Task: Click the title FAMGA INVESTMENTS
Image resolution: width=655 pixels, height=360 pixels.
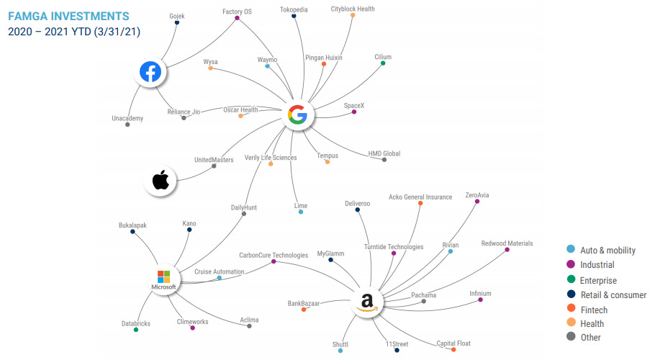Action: tap(69, 15)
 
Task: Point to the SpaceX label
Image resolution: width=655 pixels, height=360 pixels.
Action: tap(353, 105)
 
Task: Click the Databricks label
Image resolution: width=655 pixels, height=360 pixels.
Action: tap(136, 323)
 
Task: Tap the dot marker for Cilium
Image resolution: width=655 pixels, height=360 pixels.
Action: tap(383, 63)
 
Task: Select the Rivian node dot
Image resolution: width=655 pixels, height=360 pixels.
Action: tap(451, 251)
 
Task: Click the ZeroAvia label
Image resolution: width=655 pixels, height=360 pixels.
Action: tap(476, 195)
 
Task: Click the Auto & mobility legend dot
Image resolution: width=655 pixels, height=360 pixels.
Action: tap(571, 250)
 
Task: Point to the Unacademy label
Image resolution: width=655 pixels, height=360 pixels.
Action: tap(127, 118)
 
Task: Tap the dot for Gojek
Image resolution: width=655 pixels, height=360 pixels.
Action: tap(177, 22)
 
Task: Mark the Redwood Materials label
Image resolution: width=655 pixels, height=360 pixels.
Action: tap(507, 243)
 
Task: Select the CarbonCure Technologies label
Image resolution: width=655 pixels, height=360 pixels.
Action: tap(274, 255)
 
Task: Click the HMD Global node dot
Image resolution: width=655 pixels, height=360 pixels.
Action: tap(384, 159)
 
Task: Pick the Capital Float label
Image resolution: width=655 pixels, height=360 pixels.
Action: tap(453, 343)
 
